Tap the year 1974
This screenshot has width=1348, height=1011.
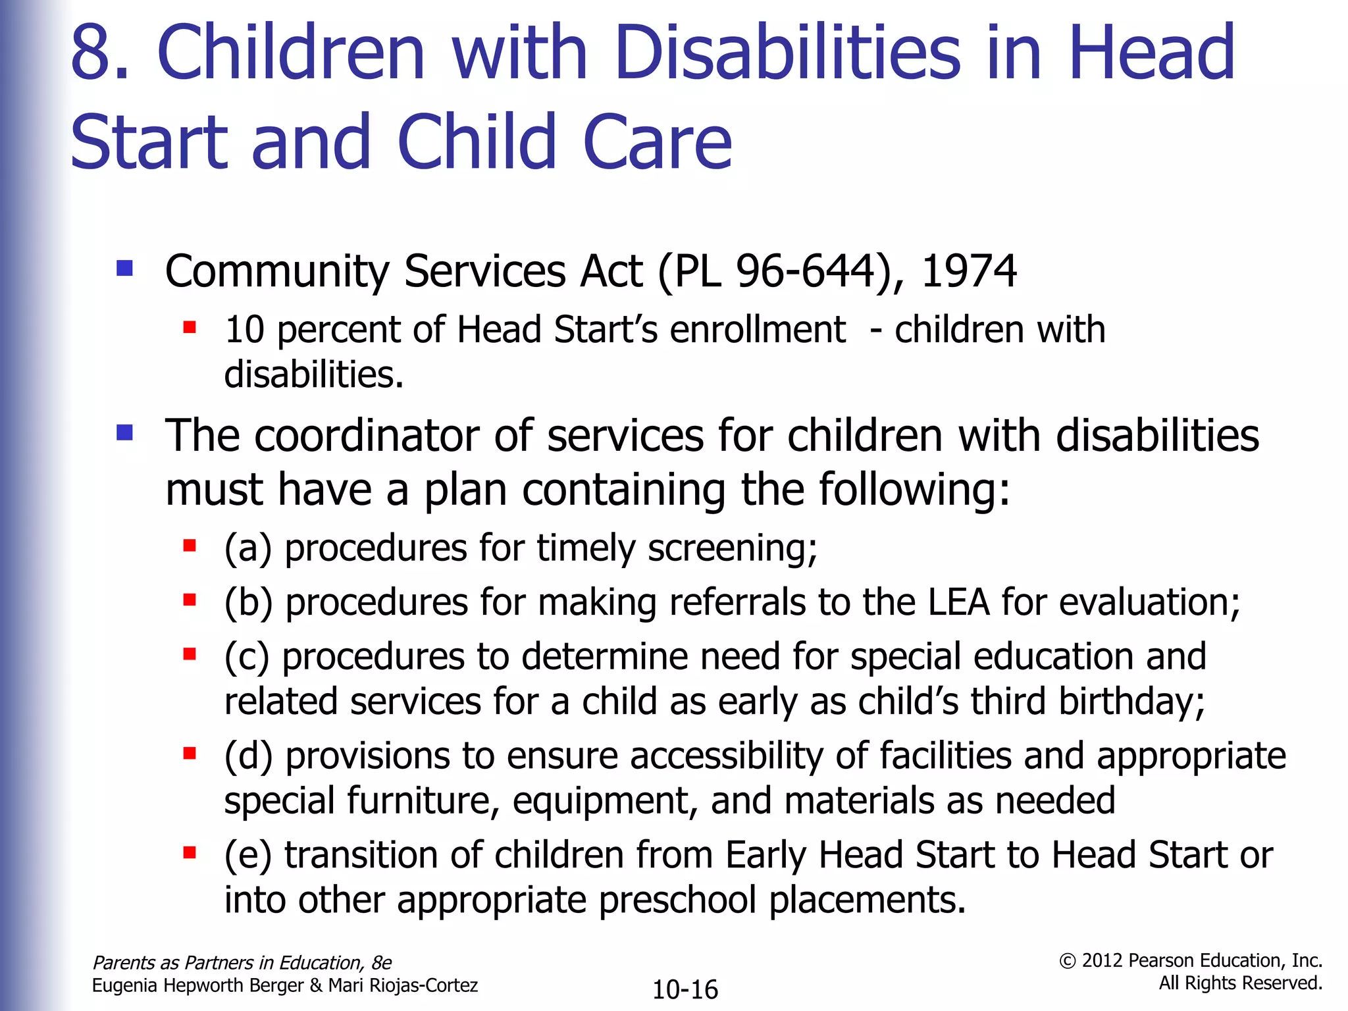(968, 271)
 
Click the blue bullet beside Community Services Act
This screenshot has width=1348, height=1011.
(124, 269)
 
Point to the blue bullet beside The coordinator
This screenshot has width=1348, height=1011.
(124, 432)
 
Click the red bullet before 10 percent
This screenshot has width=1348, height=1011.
(190, 326)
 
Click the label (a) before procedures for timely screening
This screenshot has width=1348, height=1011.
(247, 548)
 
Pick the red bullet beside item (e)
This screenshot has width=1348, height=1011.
(190, 853)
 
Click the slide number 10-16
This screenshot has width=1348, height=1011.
(685, 989)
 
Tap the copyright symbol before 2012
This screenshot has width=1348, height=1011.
(1067, 962)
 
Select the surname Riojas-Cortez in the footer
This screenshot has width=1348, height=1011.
(403, 985)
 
